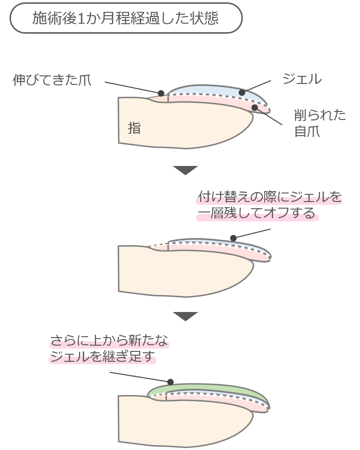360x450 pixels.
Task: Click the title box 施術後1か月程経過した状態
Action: pyautogui.click(x=126, y=18)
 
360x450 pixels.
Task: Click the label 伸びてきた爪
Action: pyautogui.click(x=52, y=80)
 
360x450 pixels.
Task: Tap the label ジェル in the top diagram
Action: pyautogui.click(x=302, y=79)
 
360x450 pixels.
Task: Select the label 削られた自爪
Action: pyautogui.click(x=320, y=123)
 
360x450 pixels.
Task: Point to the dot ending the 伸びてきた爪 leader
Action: pyautogui.click(x=161, y=93)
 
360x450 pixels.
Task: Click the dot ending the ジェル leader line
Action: pyautogui.click(x=242, y=92)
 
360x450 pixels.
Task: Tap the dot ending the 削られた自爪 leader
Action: pyautogui.click(x=255, y=108)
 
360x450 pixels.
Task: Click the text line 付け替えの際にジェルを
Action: pyautogui.click(x=269, y=197)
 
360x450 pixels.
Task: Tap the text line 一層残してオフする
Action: pyautogui.click(x=257, y=214)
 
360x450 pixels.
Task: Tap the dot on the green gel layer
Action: pyautogui.click(x=170, y=382)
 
